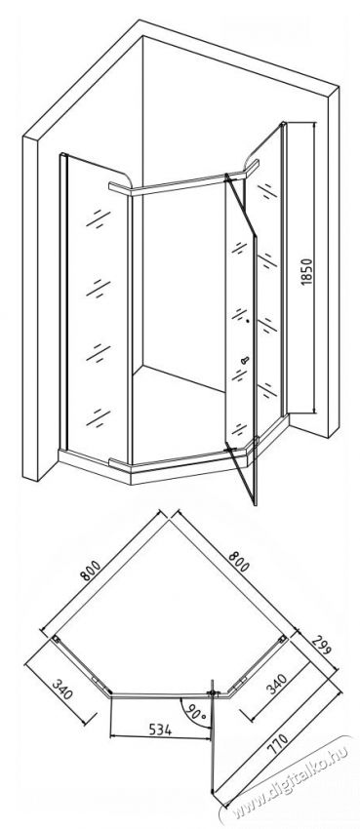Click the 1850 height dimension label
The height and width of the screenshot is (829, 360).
[x=306, y=272]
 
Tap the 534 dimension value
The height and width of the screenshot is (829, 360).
[x=160, y=730]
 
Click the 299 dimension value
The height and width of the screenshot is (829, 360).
[x=320, y=645]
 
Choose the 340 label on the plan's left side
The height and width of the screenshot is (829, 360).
[x=62, y=689]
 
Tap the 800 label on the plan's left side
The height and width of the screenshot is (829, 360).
[x=91, y=571]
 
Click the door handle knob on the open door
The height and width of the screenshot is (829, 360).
[x=244, y=361]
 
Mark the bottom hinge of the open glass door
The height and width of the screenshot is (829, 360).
[x=229, y=450]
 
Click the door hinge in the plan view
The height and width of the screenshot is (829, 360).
[x=213, y=692]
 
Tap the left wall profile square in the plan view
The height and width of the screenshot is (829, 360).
[x=55, y=639]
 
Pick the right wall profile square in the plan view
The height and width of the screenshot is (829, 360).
[x=283, y=638]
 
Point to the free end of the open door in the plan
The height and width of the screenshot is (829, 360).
[x=213, y=792]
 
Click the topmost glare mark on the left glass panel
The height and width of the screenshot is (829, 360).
[x=99, y=217]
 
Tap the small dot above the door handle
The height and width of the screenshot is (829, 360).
[x=248, y=321]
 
